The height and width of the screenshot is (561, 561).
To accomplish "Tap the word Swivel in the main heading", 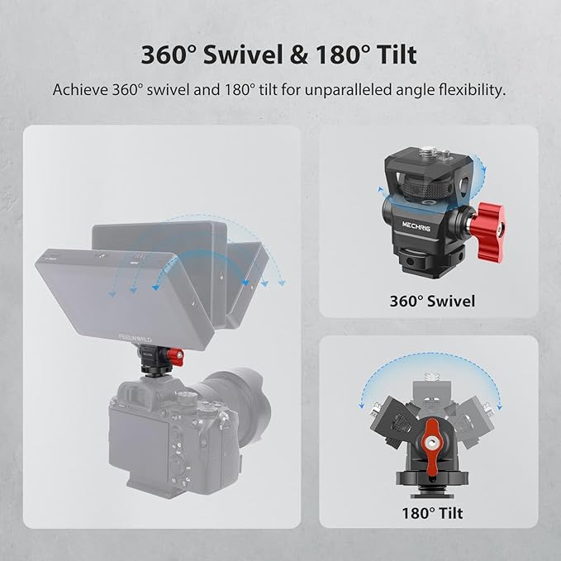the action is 240,55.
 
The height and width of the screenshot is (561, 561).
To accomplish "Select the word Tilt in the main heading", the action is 397,55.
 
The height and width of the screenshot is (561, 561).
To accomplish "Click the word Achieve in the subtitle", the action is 80,89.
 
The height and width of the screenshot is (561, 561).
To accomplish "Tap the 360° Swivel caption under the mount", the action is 432,302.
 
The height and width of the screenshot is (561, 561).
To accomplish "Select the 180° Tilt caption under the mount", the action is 432,513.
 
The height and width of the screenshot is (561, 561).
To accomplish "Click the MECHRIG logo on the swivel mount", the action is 416,226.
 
